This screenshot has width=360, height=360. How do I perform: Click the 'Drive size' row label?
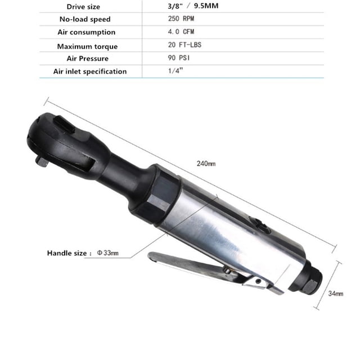pos(83,7)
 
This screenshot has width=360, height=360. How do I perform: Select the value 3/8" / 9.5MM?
pos(193,6)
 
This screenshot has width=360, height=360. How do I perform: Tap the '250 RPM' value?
pos(181,19)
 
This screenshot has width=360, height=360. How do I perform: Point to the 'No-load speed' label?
pos(85,19)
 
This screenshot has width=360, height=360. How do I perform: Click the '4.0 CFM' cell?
pos(181,31)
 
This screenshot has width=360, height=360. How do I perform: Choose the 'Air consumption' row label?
pos(86,32)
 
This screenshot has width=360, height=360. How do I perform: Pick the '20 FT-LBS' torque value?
pos(184,45)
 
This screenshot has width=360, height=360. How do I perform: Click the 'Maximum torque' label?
pos(87,47)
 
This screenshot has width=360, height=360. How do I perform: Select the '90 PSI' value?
pos(179,58)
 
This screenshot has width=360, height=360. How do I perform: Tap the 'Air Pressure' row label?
pos(88,58)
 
